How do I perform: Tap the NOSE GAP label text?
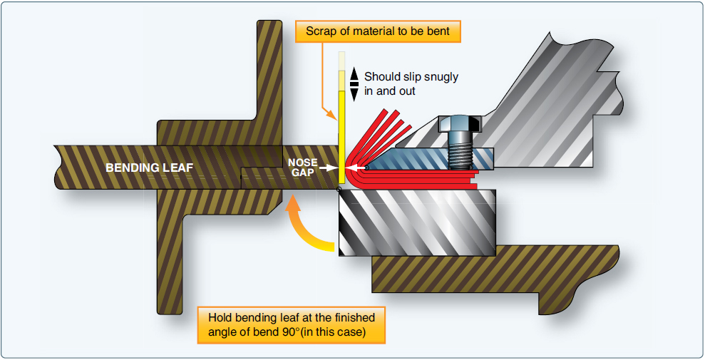pos(303,168)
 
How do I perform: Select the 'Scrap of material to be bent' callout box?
pos(378,31)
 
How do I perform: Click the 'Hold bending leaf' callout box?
pos(292,324)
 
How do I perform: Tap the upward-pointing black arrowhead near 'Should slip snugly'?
pos(354,73)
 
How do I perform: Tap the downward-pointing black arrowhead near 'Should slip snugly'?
pos(354,94)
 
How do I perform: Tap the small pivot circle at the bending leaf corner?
pos(338,189)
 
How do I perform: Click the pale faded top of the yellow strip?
pos(342,61)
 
